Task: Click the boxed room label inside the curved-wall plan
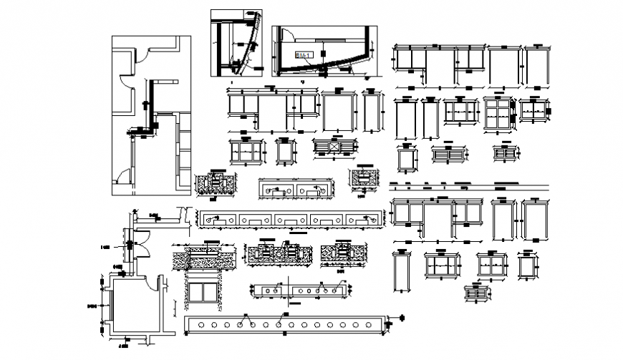[x=303, y=54]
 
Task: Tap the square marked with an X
[x=334, y=146]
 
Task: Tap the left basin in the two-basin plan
[x=276, y=190]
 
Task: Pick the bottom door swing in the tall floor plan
[x=125, y=175]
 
